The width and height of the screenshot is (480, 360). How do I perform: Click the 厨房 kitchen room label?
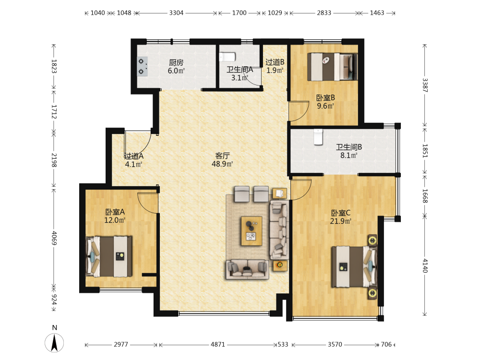176,63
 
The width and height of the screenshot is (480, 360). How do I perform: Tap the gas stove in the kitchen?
142,66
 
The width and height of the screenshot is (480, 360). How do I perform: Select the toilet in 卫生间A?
227,57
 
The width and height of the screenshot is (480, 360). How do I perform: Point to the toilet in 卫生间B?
318,137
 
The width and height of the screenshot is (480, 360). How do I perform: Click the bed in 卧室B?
333,67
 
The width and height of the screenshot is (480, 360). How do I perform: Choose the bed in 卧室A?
109,256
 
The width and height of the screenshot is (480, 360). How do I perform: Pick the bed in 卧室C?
354,267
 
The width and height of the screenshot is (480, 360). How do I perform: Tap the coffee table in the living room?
252,231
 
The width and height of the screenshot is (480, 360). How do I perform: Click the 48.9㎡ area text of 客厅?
222,164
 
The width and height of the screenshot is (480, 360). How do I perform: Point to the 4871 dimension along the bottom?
217,344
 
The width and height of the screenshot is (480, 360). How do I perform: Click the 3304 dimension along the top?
176,13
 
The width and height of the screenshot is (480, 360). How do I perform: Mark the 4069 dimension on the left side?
54,238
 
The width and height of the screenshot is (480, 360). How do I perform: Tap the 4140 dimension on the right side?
425,265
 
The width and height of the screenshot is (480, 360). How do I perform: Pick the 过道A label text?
134,156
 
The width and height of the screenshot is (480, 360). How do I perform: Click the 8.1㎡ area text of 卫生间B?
349,156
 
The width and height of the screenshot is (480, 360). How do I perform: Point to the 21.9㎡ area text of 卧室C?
340,221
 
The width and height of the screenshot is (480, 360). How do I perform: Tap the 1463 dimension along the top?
377,13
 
